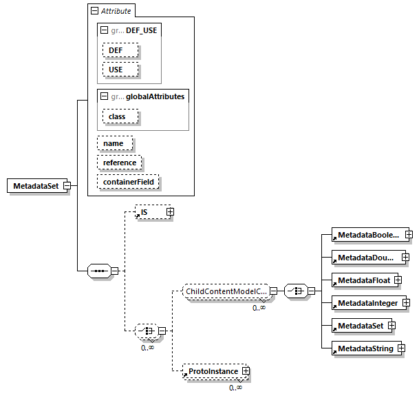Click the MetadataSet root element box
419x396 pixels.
click(35, 186)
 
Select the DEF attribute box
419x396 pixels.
click(120, 51)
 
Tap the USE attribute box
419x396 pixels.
click(120, 70)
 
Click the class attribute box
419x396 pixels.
click(120, 117)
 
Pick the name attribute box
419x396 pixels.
click(114, 143)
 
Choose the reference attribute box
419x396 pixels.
click(120, 163)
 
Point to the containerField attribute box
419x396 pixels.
click(128, 182)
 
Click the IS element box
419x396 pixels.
click(150, 212)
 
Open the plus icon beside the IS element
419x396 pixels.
click(170, 212)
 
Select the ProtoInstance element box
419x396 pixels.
click(213, 372)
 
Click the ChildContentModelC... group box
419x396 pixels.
click(225, 291)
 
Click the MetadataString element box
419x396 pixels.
click(365, 348)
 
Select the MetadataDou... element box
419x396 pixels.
click(365, 258)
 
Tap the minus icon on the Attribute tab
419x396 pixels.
click(95, 12)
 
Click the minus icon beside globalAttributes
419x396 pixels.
click(104, 97)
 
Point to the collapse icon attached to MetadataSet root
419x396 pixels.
click(67, 186)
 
